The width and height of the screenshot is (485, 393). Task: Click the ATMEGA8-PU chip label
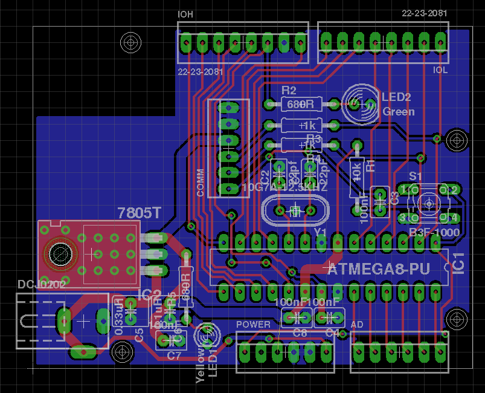coord(379,269)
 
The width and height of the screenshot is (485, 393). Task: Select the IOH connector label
coord(185,14)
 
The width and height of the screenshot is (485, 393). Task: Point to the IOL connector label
coord(440,70)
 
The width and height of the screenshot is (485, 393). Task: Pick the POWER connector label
coord(253,325)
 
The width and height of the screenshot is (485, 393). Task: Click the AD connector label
coord(357,325)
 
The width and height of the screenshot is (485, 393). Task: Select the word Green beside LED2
coord(399,112)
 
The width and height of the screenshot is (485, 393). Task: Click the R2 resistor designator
coord(289,91)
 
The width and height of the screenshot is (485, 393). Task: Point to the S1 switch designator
coord(416,176)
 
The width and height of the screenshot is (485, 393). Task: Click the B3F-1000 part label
coord(434,233)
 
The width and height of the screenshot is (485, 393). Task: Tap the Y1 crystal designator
coord(320,232)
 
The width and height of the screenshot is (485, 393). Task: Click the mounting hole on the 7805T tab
coord(59,251)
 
